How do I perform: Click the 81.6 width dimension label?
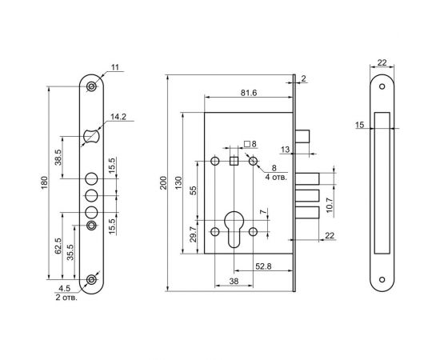tap(249, 93)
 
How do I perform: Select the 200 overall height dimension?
tap(163, 182)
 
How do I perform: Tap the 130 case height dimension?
tap(178, 182)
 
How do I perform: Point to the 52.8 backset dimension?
tap(263, 266)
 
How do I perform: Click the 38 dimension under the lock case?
tap(234, 281)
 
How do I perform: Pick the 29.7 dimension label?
tap(194, 234)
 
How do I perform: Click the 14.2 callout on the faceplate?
tap(118, 117)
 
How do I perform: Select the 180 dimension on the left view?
tap(45, 182)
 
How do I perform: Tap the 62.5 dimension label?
tap(58, 246)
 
